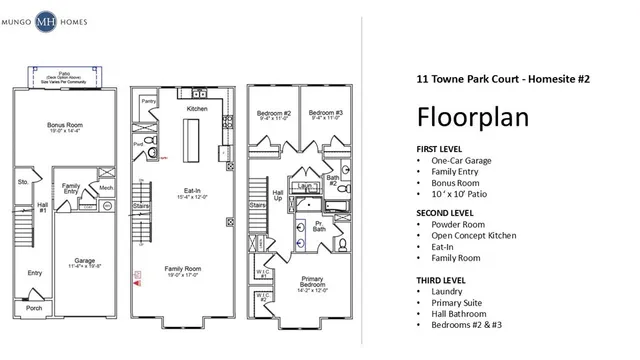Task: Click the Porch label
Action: (x=35, y=308)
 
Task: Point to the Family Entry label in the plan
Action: (x=72, y=189)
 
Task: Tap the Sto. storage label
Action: (x=23, y=182)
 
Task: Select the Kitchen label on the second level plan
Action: (x=197, y=108)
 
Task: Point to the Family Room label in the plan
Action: (x=189, y=268)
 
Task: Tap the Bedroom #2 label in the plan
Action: (x=273, y=113)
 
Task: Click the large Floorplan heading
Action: (x=472, y=116)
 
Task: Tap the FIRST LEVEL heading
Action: (x=442, y=148)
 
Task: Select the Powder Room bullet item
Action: (x=458, y=224)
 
